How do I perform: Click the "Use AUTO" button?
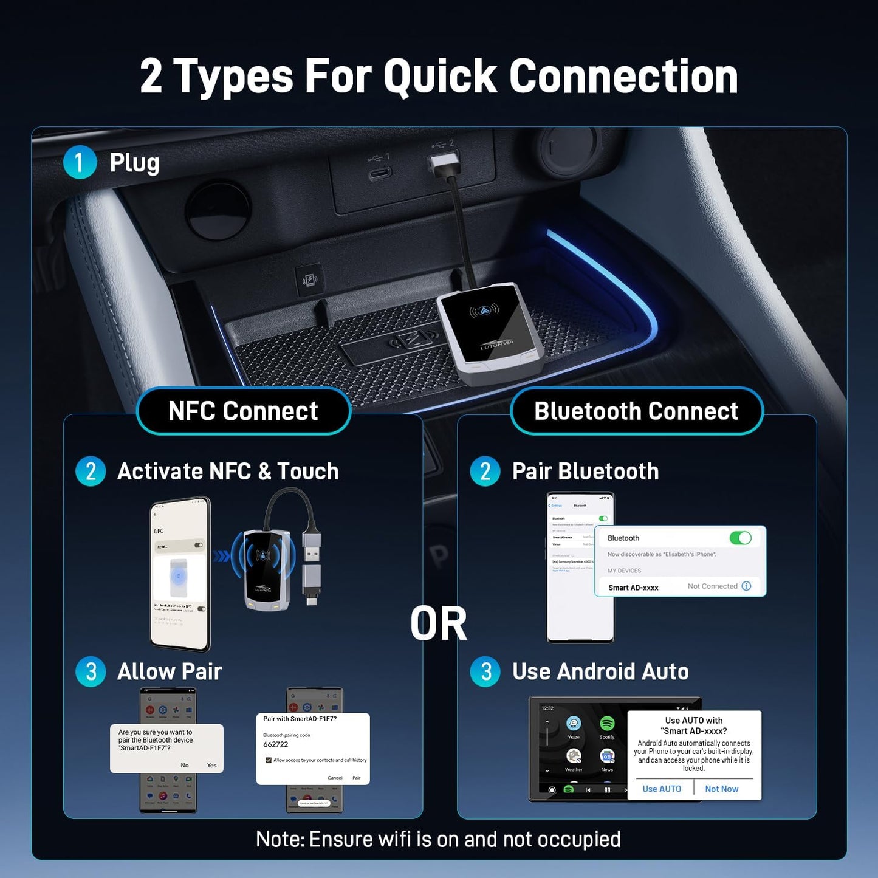pos(661,789)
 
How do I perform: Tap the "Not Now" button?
pos(721,789)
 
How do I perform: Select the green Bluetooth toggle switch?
pos(740,538)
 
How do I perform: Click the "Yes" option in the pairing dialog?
pos(211,765)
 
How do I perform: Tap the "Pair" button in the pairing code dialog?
pos(357,778)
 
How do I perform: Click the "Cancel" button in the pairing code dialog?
pos(335,778)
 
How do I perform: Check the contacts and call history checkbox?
pos(269,760)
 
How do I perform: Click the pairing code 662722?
pos(276,744)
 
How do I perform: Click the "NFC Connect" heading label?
pos(243,411)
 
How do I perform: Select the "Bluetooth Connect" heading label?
pos(636,411)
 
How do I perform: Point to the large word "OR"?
pos(439,624)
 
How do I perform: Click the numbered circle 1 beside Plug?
pos(80,162)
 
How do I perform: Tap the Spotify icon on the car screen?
pos(606,724)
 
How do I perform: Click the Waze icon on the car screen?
pos(574,724)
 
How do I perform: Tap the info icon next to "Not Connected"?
pos(747,586)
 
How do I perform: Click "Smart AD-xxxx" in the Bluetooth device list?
pos(633,588)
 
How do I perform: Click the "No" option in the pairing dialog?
pos(185,765)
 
